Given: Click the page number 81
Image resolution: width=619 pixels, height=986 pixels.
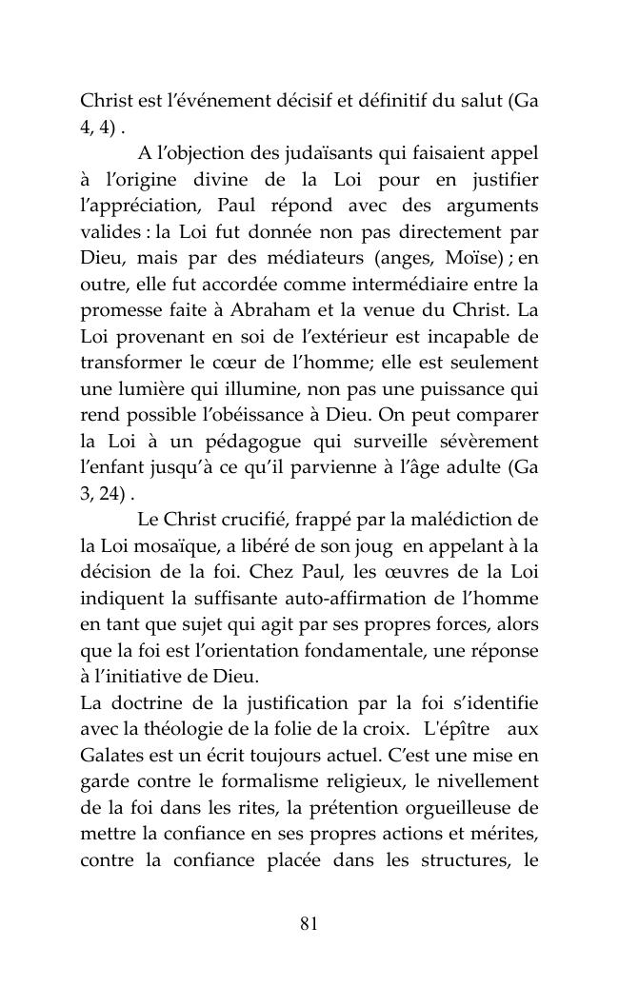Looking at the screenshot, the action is tap(309, 923).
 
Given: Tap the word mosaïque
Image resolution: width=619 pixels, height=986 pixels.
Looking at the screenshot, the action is tap(169, 545).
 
